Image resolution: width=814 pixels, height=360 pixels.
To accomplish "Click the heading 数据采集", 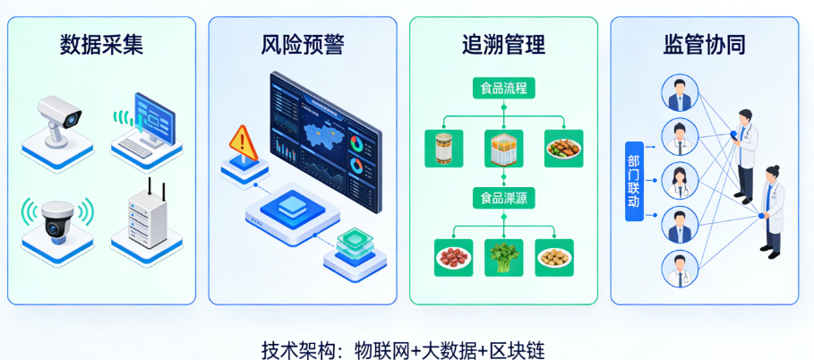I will pyautogui.click(x=101, y=43).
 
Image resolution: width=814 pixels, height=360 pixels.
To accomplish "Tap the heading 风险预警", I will pyautogui.click(x=303, y=43).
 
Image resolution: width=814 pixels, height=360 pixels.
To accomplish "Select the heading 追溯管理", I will pyautogui.click(x=503, y=43).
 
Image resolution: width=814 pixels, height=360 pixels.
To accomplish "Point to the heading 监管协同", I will pyautogui.click(x=705, y=43).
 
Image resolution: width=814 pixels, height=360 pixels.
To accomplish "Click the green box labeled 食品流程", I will pyautogui.click(x=503, y=89).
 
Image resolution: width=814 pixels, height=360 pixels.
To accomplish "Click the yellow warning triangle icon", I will pyautogui.click(x=241, y=141).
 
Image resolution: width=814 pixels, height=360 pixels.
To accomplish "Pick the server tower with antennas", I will pyautogui.click(x=145, y=215).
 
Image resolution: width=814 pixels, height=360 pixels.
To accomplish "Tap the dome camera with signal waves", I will pyautogui.click(x=56, y=219).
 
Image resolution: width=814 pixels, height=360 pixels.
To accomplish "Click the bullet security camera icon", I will pyautogui.click(x=56, y=120).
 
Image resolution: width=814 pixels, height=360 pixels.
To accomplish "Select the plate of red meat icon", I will pyautogui.click(x=452, y=258).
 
